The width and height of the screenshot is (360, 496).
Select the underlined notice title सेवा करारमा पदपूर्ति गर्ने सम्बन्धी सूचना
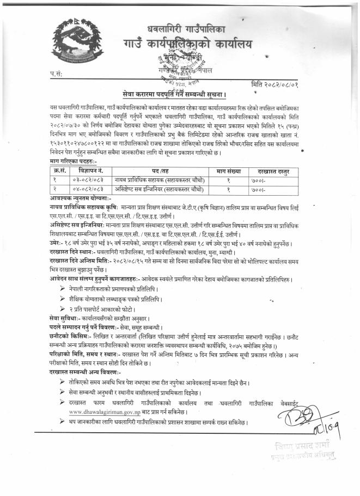click(x=180, y=94)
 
